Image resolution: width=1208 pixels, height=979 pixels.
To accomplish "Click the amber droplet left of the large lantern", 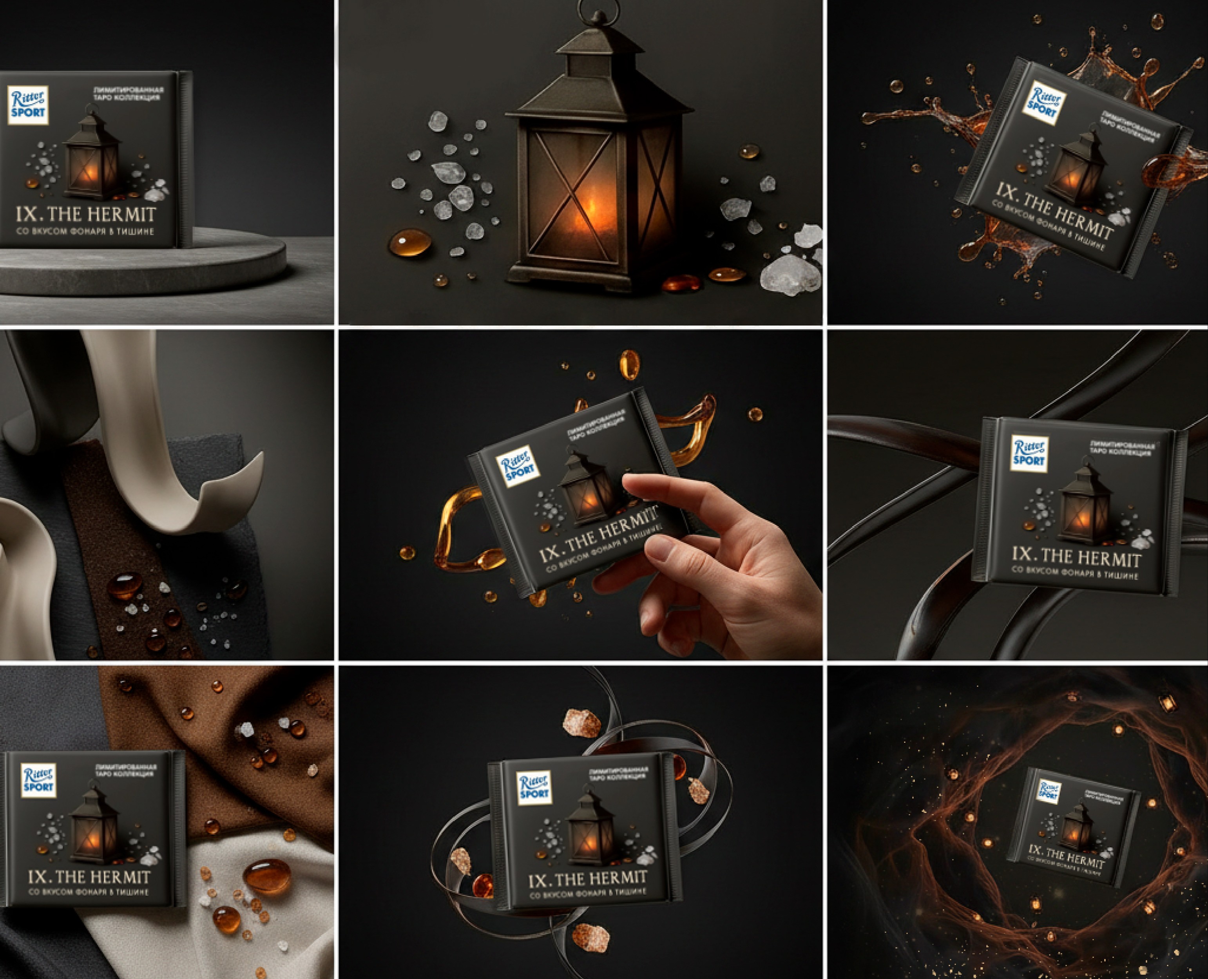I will (x=410, y=242).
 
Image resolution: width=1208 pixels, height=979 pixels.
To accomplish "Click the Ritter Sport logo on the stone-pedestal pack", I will (x=28, y=105).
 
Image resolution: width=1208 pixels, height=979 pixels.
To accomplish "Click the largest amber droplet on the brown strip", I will (x=125, y=585).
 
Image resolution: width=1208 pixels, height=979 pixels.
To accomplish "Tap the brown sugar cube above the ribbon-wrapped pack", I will (x=581, y=724).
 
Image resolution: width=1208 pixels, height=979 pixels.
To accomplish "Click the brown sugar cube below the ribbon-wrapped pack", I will (x=590, y=937).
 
